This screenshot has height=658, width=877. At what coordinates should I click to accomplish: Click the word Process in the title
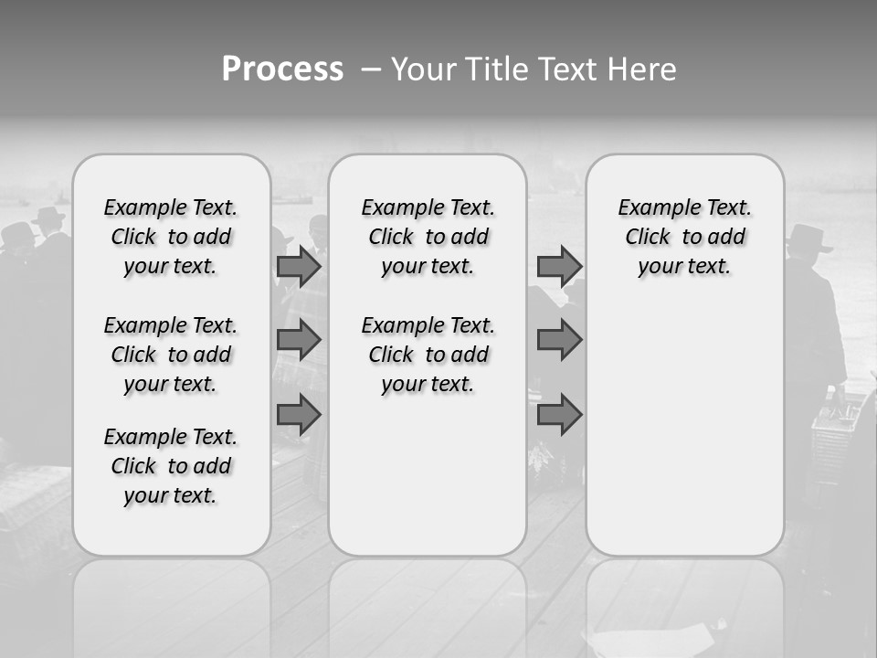282,69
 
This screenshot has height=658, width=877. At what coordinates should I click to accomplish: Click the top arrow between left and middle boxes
299,267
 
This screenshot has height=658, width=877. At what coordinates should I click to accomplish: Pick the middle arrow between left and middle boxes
299,340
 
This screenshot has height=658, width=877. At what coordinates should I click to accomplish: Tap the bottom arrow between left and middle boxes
299,416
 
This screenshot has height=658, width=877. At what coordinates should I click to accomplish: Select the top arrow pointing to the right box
559,267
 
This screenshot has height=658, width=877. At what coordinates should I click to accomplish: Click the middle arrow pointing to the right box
559,340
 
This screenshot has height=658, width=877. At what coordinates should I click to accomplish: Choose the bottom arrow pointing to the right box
559,416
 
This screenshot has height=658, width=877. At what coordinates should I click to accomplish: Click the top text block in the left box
171,237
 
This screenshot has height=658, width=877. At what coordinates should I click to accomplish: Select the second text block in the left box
171,355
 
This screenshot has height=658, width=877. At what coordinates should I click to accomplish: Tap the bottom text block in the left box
171,466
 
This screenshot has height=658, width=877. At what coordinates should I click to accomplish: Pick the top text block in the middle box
428,237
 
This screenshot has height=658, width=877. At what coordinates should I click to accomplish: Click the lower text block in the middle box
428,355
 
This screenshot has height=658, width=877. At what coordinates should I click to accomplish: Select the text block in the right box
684,237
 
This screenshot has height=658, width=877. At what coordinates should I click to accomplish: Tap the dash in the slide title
371,69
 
